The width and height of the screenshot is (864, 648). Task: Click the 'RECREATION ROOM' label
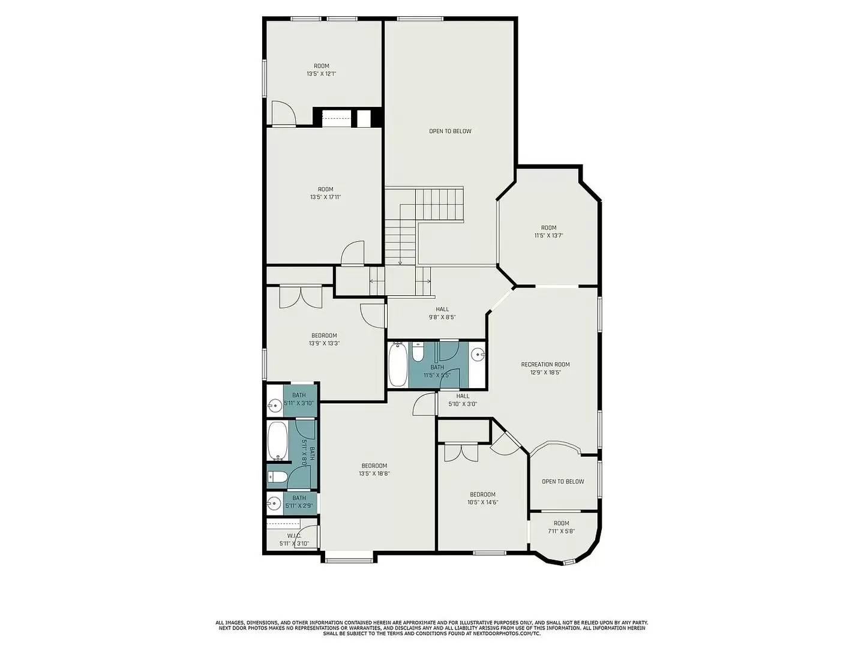click(545, 364)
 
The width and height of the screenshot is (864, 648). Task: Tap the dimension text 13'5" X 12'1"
click(321, 74)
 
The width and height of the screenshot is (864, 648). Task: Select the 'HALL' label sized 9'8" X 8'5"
click(442, 310)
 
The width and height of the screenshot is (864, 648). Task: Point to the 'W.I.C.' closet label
click(293, 536)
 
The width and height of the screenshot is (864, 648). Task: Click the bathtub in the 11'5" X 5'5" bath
click(397, 365)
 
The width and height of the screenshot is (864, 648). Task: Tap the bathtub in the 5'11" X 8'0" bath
click(277, 440)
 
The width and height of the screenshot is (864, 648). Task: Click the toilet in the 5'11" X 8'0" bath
click(277, 478)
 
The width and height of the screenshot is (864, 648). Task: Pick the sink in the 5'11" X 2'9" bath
click(275, 503)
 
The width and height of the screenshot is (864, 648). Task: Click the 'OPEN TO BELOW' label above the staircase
click(450, 131)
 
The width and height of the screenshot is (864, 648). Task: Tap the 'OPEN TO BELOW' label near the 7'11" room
click(563, 482)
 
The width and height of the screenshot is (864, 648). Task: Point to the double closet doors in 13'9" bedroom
click(301, 296)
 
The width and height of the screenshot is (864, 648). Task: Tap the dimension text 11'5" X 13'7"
click(548, 236)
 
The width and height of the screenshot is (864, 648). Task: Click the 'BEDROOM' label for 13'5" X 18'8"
click(374, 466)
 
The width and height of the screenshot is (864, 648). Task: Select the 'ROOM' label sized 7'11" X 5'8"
click(561, 523)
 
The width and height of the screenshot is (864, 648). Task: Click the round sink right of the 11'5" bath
click(478, 354)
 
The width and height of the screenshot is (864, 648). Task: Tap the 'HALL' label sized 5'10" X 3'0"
click(463, 396)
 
